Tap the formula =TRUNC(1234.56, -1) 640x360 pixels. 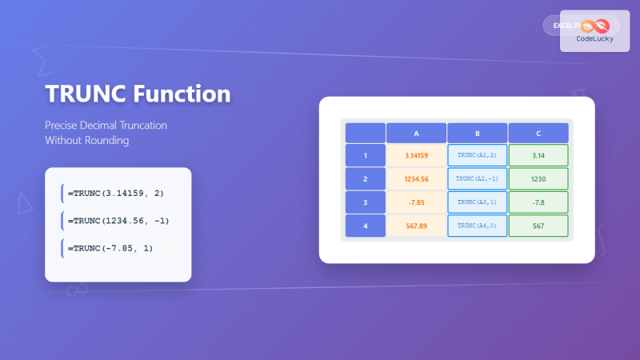click(x=118, y=221)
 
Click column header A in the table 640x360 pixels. click(x=416, y=133)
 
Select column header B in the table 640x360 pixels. click(x=477, y=133)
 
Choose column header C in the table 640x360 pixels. click(x=538, y=133)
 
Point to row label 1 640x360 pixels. click(x=365, y=155)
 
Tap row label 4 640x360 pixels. click(x=365, y=226)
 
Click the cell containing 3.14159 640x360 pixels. click(x=416, y=155)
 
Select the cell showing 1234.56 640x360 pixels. click(x=416, y=179)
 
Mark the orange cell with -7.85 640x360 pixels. click(x=416, y=202)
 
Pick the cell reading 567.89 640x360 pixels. click(x=416, y=226)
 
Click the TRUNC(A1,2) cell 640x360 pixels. click(x=477, y=155)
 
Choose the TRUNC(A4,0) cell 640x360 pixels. click(x=477, y=226)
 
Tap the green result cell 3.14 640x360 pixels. click(x=538, y=155)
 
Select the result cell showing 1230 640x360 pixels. click(x=538, y=179)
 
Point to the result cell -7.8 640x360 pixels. click(x=538, y=202)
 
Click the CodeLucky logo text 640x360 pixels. click(x=594, y=38)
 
